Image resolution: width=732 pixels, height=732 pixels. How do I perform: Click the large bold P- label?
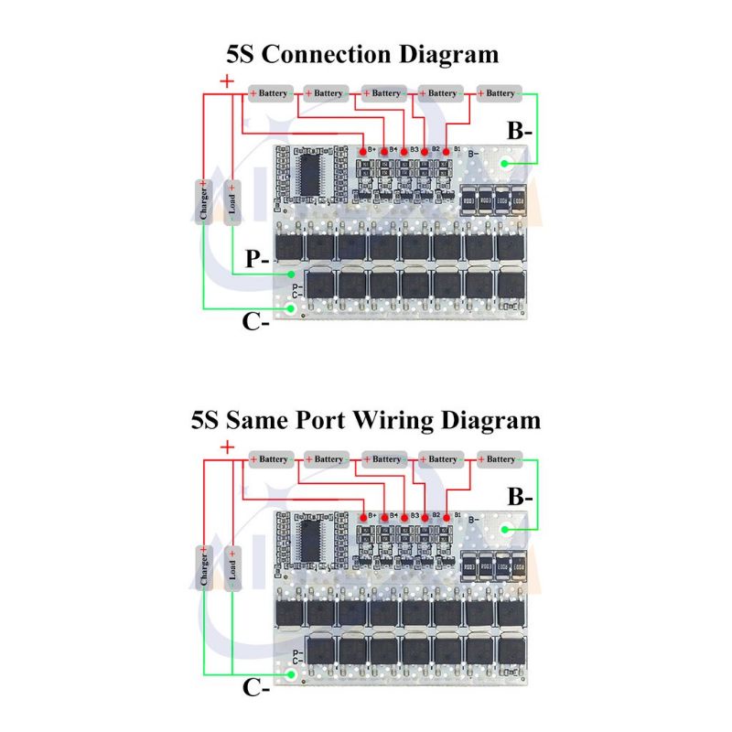257,259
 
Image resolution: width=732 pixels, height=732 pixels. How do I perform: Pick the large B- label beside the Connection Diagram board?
521,132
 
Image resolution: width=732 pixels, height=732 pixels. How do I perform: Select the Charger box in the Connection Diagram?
202,200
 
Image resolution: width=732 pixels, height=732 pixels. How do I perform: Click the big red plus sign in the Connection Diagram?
227,81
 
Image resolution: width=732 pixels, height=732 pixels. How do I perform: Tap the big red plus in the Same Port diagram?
227,447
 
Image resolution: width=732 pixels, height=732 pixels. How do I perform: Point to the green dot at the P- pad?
291,273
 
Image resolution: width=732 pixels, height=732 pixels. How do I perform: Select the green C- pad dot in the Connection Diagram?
291,309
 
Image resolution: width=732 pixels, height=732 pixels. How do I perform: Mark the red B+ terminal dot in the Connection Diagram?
364,150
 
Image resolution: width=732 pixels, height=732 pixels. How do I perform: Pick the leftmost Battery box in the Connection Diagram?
270,93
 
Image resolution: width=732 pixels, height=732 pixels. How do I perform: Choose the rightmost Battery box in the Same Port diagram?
499,459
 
